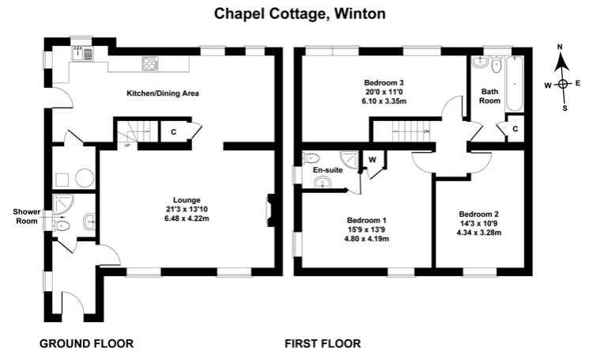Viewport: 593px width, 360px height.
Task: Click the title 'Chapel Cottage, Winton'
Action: tap(300, 14)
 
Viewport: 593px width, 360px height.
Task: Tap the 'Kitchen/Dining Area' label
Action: tap(163, 93)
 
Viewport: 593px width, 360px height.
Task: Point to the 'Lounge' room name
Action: tap(187, 200)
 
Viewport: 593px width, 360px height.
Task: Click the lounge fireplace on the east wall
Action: tap(270, 210)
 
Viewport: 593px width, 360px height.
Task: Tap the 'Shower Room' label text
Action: tap(26, 216)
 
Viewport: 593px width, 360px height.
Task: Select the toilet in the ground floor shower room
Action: tap(62, 226)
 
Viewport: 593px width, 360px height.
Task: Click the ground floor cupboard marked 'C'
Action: tap(173, 131)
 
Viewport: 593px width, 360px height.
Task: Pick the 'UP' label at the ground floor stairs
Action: tap(127, 145)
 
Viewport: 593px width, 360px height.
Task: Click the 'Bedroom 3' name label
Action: tap(383, 82)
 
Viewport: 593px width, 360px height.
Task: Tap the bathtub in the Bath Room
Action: tap(515, 84)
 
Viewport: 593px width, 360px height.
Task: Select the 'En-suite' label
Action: tap(327, 170)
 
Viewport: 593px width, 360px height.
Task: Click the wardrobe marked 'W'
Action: tap(372, 160)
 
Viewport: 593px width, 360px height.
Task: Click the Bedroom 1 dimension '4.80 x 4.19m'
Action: tap(366, 239)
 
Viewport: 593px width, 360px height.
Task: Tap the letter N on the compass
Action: tap(560, 47)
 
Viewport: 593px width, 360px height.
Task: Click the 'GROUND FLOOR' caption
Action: tap(87, 343)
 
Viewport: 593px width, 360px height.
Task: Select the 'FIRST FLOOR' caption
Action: tap(323, 343)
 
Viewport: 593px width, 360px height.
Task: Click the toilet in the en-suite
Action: tap(312, 157)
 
